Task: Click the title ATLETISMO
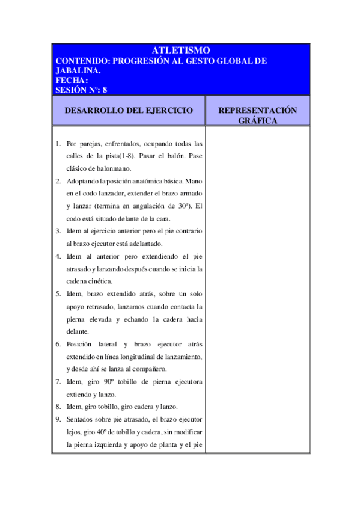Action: coord(180,51)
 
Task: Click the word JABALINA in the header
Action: coord(77,70)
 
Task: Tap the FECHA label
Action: coord(72,80)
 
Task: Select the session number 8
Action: coord(105,90)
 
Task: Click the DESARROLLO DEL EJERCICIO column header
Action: coord(129,111)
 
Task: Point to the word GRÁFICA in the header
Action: coord(257,121)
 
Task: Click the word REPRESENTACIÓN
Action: coord(257,111)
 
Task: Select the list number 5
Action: coord(58,294)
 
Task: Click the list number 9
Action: coord(58,419)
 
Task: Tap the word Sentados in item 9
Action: coord(81,419)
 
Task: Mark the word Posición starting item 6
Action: coord(80,344)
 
